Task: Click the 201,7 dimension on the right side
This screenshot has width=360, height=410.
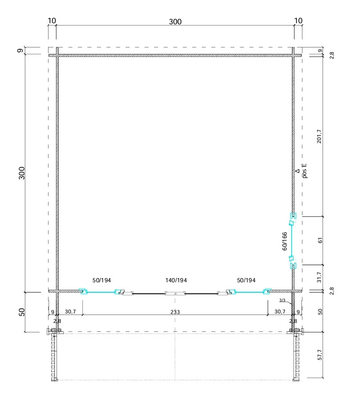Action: (x=319, y=136)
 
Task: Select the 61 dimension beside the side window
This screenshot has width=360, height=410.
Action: (x=320, y=240)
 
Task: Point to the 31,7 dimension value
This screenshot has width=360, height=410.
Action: (x=319, y=277)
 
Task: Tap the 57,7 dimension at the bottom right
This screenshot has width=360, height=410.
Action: (x=320, y=355)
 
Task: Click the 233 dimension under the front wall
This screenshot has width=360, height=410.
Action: (x=175, y=312)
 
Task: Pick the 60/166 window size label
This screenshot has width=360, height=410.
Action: (x=285, y=241)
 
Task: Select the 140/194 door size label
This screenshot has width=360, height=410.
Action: (x=176, y=280)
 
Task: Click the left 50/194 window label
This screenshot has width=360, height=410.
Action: (x=102, y=280)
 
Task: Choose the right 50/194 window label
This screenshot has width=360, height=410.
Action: (x=246, y=280)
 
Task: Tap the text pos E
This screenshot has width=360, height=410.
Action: (x=304, y=170)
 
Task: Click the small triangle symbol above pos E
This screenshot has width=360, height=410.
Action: (x=297, y=171)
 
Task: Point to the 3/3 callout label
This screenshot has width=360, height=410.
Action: (x=282, y=300)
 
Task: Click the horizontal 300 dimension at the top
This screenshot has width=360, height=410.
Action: (x=175, y=22)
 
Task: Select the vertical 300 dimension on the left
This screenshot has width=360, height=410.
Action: (x=22, y=173)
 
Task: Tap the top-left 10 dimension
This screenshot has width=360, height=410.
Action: (x=52, y=21)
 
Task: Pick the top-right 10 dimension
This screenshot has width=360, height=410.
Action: (x=298, y=21)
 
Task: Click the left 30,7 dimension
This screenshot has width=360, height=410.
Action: (x=70, y=312)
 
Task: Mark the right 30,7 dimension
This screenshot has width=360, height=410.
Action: (x=280, y=312)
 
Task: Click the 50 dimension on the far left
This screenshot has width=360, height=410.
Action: (x=22, y=312)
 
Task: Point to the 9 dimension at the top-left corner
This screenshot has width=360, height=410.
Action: (x=21, y=50)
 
